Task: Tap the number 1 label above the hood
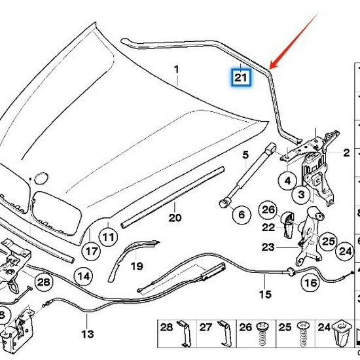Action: (x=176, y=69)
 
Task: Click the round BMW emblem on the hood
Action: (x=42, y=175)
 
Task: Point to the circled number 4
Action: (x=287, y=179)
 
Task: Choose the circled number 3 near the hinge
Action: (x=302, y=195)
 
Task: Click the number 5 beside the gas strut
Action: (x=245, y=155)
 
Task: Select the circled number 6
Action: (x=240, y=214)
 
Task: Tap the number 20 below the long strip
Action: (x=175, y=217)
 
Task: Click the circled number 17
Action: (x=91, y=251)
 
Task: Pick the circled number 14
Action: (x=82, y=276)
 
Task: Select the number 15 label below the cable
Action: (x=264, y=295)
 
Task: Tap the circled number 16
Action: (x=310, y=283)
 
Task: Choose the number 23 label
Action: (x=268, y=247)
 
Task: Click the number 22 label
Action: (x=268, y=226)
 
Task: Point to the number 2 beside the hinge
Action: (x=346, y=153)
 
